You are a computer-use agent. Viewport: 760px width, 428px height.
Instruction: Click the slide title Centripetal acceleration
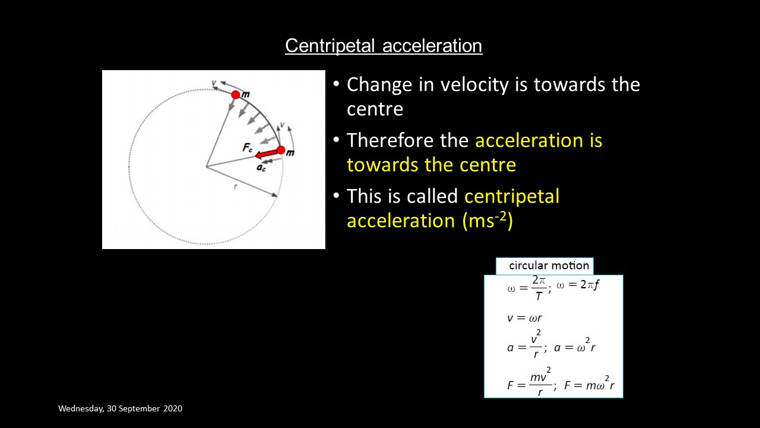tap(384, 46)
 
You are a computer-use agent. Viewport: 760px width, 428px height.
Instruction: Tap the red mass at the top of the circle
tap(236, 95)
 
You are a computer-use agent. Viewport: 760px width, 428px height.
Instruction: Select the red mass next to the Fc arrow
tap(281, 150)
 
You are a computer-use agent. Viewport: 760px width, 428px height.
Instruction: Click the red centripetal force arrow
tap(267, 153)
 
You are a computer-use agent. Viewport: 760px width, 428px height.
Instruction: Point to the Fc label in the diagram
tap(248, 148)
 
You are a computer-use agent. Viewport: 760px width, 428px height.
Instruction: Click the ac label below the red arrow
tap(261, 168)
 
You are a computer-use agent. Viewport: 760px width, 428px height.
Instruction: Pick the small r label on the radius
tap(235, 186)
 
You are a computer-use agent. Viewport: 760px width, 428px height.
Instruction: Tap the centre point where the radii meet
tap(207, 167)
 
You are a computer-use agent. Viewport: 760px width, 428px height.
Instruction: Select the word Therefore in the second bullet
tap(407, 140)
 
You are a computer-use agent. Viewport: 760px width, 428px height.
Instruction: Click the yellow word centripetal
tap(512, 197)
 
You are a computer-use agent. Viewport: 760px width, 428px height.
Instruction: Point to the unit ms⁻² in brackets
tap(487, 221)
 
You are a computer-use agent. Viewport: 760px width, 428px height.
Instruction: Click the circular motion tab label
tap(549, 266)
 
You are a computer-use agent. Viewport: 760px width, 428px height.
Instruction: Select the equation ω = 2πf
tap(578, 285)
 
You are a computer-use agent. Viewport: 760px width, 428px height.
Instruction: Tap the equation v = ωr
tap(524, 318)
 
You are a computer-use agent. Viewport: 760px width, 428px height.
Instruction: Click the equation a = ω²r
tap(575, 346)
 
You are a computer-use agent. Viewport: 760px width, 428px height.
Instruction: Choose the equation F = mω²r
tap(589, 383)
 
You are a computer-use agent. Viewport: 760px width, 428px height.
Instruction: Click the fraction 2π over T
tap(539, 288)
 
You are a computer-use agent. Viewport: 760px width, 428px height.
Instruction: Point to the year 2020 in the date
tap(173, 408)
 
